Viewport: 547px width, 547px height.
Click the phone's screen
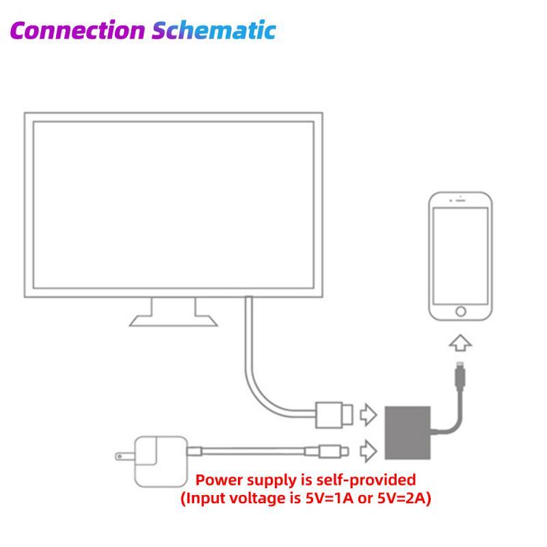coord(460,254)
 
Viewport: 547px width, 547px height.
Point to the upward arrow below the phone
coord(460,343)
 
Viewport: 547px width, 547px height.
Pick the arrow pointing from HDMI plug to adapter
coord(368,413)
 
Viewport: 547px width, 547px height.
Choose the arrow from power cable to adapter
coord(368,450)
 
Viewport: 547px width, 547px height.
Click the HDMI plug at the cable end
coord(336,413)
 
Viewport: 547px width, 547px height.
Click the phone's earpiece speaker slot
coord(460,202)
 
